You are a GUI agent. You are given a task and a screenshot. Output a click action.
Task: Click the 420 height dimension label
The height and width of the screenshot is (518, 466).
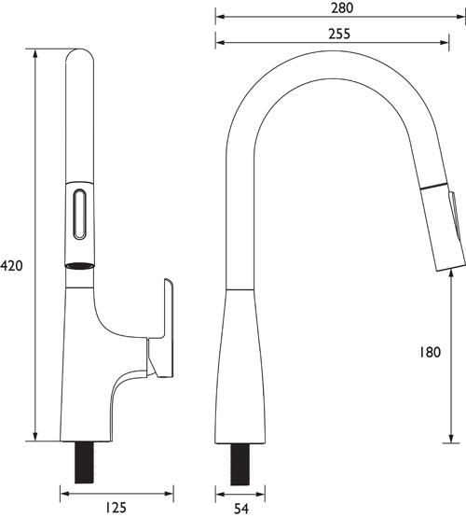pyautogui.click(x=11, y=265)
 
